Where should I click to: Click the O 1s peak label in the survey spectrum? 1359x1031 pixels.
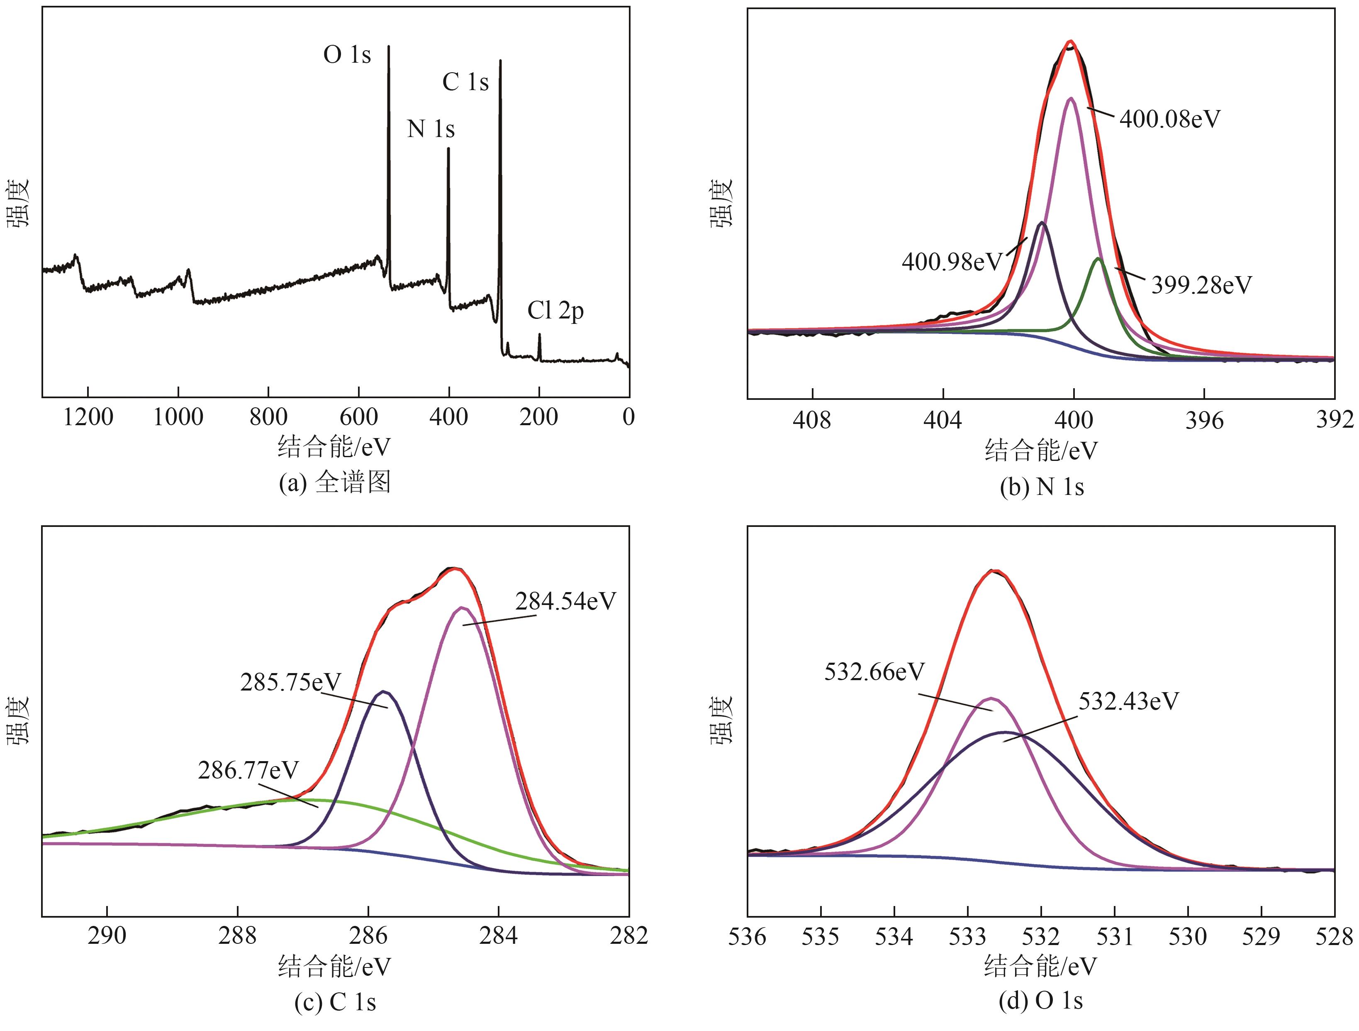click(x=347, y=55)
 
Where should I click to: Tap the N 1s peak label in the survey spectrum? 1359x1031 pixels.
click(x=431, y=129)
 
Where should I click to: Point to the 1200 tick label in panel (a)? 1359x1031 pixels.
click(x=88, y=417)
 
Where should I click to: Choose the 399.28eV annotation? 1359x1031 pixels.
click(x=1201, y=285)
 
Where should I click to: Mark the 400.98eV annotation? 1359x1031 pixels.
click(x=952, y=262)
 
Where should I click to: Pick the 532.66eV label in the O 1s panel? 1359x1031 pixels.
click(x=874, y=672)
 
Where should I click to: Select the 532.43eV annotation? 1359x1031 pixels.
click(x=1129, y=701)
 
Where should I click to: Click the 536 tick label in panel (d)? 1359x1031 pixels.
click(x=748, y=937)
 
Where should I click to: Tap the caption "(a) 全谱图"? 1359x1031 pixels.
click(x=335, y=482)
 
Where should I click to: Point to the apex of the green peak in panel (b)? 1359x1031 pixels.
click(x=1098, y=259)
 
